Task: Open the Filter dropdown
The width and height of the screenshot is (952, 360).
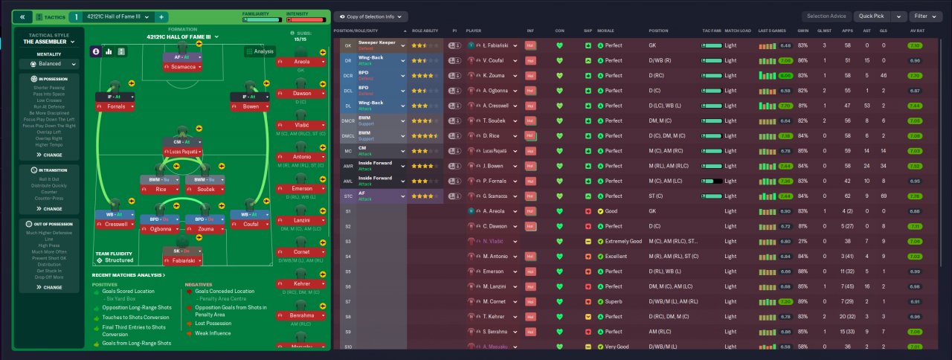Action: [x=925, y=16]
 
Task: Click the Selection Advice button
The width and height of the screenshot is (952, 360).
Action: [x=827, y=16]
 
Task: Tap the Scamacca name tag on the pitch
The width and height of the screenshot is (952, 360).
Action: [x=181, y=67]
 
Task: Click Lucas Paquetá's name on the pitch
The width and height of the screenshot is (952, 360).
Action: [x=181, y=152]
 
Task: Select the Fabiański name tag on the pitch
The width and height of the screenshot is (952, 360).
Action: [x=181, y=262]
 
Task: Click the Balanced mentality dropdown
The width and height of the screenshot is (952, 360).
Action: [x=49, y=64]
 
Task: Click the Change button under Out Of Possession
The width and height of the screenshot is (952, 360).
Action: [x=49, y=287]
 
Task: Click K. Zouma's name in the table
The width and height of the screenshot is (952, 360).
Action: [x=494, y=75]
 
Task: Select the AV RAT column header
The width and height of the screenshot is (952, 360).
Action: [x=917, y=30]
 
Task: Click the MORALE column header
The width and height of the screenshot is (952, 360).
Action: [x=605, y=30]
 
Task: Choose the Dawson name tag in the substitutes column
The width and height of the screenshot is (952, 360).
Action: [x=302, y=93]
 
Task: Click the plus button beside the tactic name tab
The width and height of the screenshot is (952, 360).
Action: [x=161, y=16]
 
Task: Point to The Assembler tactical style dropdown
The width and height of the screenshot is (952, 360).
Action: [x=49, y=42]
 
